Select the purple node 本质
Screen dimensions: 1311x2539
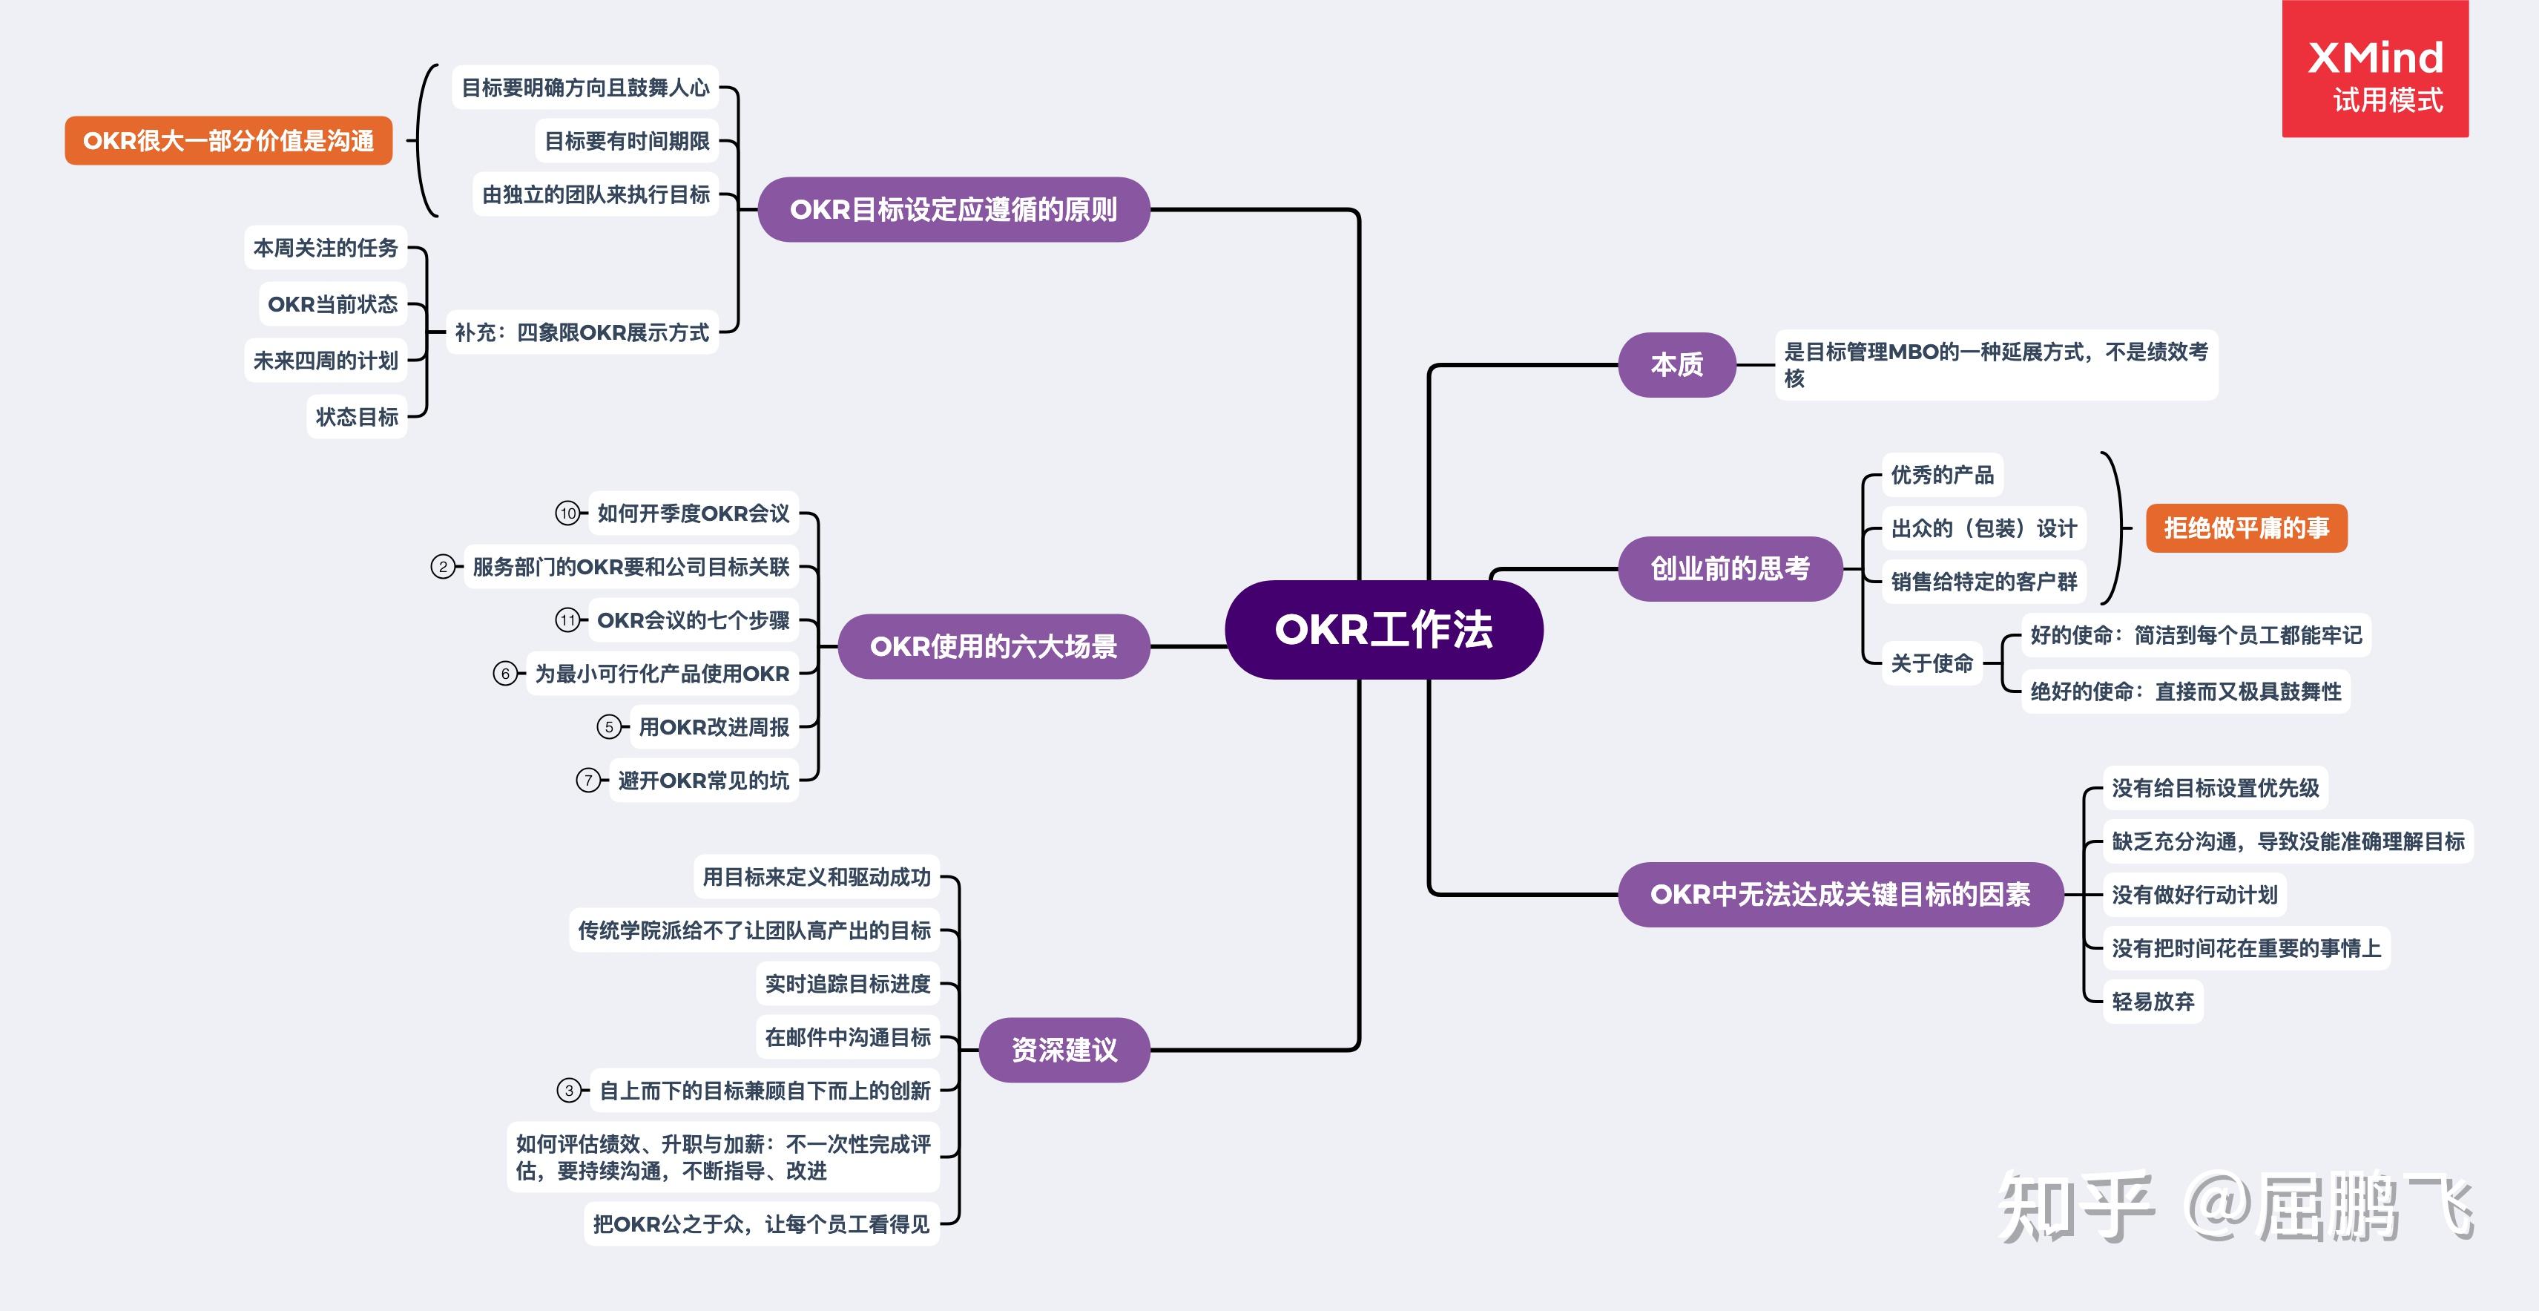pyautogui.click(x=1676, y=365)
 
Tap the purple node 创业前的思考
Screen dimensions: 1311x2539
pyautogui.click(x=1730, y=569)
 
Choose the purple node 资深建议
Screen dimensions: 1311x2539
pyautogui.click(x=1064, y=1050)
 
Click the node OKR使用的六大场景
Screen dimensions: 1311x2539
pyautogui.click(x=992, y=647)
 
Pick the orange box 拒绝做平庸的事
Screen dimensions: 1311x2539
pyautogui.click(x=2246, y=528)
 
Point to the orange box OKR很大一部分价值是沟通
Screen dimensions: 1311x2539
pyautogui.click(x=228, y=141)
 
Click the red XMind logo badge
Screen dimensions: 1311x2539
pyautogui.click(x=2374, y=69)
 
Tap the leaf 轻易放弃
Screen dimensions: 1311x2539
pyautogui.click(x=2153, y=1002)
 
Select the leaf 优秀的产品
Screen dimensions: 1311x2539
pyautogui.click(x=1942, y=475)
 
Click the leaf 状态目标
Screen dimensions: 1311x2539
pyautogui.click(x=357, y=417)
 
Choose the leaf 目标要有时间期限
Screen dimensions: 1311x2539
pyautogui.click(x=627, y=141)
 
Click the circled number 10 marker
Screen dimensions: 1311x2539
pyautogui.click(x=567, y=513)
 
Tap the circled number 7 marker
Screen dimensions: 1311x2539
pyautogui.click(x=588, y=781)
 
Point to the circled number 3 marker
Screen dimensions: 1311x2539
pyautogui.click(x=569, y=1090)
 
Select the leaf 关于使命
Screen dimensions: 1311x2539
pyautogui.click(x=1932, y=663)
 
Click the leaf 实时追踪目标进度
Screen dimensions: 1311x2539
pyautogui.click(x=848, y=984)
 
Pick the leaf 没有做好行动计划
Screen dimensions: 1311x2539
pyautogui.click(x=2194, y=895)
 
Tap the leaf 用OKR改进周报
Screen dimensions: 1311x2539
pyautogui.click(x=714, y=727)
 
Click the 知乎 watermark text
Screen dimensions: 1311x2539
pyautogui.click(x=2075, y=1208)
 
